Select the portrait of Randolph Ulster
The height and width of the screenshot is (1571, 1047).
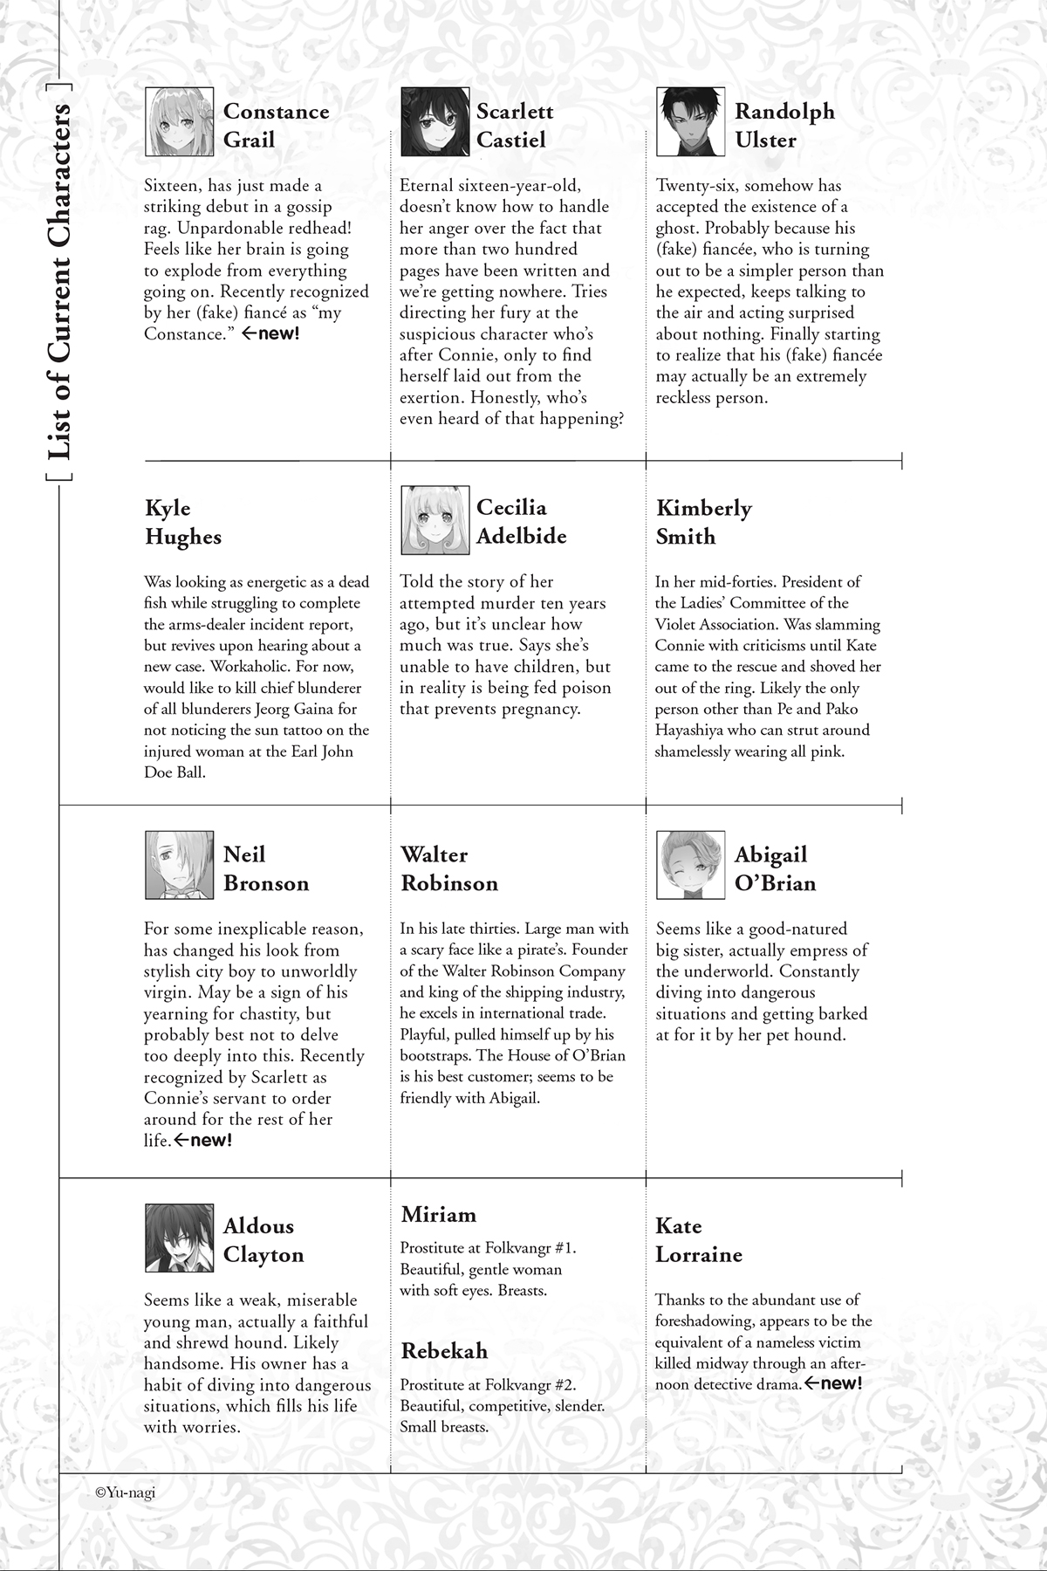point(690,121)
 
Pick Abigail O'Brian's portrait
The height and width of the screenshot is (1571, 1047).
point(690,865)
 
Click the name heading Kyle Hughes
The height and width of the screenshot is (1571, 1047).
point(183,522)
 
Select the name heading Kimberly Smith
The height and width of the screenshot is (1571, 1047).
point(703,522)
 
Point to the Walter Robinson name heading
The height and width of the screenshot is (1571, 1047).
point(449,868)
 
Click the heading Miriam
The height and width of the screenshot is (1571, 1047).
point(439,1214)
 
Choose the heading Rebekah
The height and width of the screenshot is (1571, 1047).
point(444,1350)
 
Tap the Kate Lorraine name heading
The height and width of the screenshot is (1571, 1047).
point(698,1240)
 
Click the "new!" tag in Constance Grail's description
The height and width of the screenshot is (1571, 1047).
point(270,333)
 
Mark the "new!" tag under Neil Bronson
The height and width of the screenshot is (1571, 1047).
point(204,1140)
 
